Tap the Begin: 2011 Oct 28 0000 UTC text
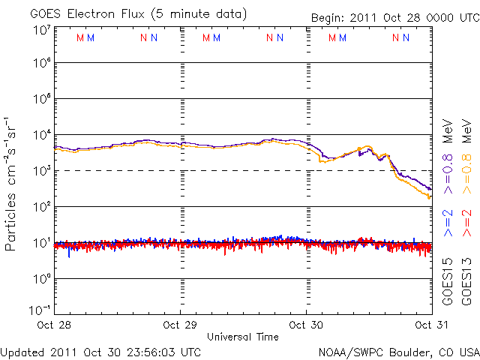[x=394, y=17]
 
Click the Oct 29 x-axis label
[x=181, y=325]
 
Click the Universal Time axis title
[x=243, y=337]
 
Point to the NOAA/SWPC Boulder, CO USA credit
[x=398, y=352]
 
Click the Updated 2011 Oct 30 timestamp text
[x=100, y=352]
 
